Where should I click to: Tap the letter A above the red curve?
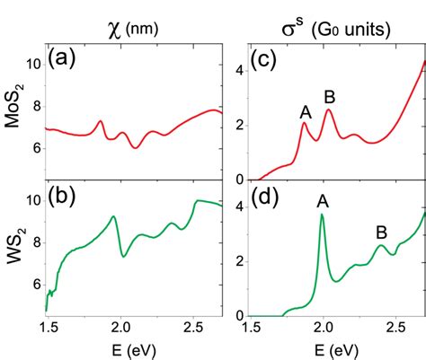click(x=306, y=112)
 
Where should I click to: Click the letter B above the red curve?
click(x=330, y=97)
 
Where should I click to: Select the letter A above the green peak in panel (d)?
click(x=323, y=203)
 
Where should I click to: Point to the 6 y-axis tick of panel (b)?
click(x=35, y=284)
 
